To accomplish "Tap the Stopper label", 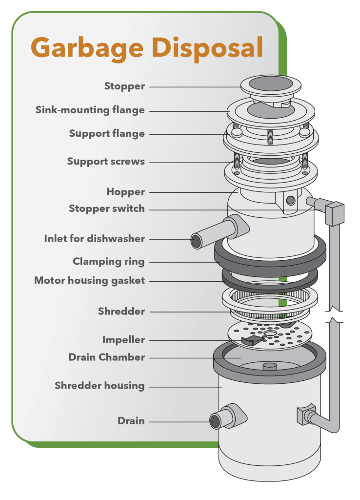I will coord(124,86).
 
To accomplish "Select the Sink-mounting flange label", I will coord(90,110).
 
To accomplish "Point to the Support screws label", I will coord(106,162).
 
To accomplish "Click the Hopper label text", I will coord(125,192).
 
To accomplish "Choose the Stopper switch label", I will coord(107,208).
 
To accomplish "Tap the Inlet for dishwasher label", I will coord(95,239).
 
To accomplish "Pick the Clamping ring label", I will coord(108,262).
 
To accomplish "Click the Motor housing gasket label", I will coord(89,281).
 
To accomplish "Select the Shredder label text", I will coord(121,311).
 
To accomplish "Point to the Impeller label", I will coord(123,339).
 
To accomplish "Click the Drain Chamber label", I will coord(106,357).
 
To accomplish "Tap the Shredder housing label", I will coord(100,386).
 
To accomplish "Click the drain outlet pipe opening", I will coord(215,421).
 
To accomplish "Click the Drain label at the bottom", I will coord(131,420).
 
